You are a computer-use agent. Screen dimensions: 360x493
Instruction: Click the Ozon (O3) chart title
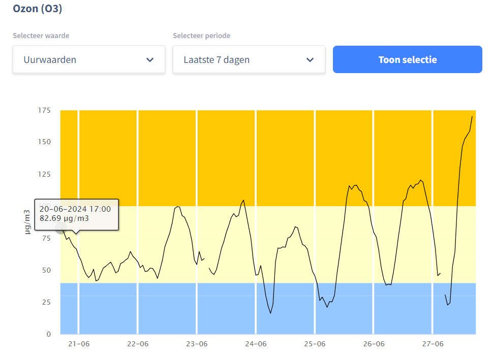click(38, 9)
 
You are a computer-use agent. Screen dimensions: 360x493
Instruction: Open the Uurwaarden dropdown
click(89, 59)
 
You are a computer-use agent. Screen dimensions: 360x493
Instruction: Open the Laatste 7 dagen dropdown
click(249, 59)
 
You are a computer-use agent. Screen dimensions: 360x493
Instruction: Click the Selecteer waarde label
click(41, 36)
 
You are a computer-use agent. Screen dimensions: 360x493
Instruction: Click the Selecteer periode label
click(201, 36)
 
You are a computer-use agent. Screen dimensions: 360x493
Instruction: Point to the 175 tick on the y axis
click(44, 110)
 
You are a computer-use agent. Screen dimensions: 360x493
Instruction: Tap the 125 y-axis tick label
click(44, 174)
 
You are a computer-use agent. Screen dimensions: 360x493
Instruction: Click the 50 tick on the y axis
click(46, 270)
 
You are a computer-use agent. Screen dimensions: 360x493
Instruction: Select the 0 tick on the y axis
click(48, 334)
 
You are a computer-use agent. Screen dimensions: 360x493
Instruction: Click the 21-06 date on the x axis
click(79, 344)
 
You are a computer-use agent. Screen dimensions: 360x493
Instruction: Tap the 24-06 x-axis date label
click(256, 344)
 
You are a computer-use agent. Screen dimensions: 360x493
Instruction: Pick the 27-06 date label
click(433, 344)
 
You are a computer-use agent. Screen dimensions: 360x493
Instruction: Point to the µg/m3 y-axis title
click(27, 222)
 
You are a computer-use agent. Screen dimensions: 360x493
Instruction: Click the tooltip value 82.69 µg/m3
click(64, 218)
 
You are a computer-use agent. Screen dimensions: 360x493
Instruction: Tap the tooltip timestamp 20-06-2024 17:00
click(75, 208)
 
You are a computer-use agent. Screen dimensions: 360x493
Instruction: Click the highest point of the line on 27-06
click(472, 117)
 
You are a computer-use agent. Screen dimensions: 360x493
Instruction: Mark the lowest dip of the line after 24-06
click(270, 313)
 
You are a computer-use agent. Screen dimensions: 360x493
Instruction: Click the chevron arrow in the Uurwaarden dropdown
click(150, 59)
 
